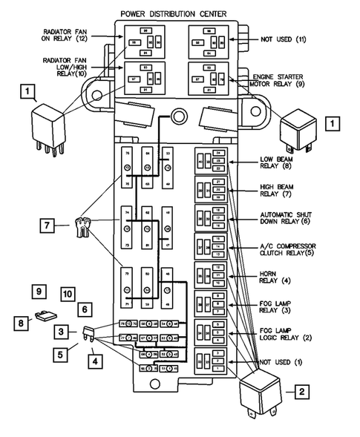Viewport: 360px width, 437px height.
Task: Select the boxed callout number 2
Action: [301, 390]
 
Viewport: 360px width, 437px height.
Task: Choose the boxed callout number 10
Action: [68, 295]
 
